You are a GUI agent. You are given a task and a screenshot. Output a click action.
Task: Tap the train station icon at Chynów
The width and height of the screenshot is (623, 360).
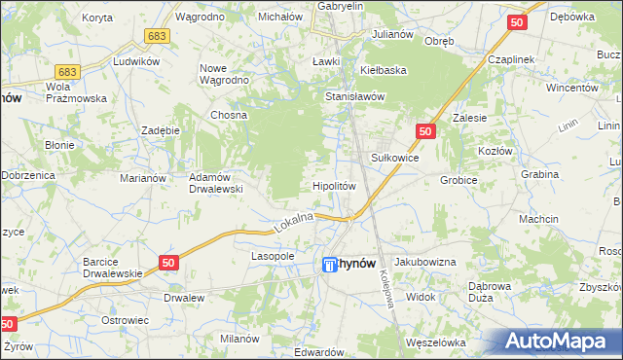329,264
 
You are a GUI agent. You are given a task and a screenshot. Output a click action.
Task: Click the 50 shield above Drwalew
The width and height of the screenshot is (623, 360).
168,262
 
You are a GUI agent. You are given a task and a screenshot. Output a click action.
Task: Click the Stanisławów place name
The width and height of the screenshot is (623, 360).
356,97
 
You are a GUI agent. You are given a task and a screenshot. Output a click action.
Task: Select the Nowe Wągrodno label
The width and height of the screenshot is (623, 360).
226,74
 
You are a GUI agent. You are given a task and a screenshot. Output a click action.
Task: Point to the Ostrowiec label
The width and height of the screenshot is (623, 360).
124,319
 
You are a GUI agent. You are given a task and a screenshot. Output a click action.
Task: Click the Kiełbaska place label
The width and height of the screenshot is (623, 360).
383,70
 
